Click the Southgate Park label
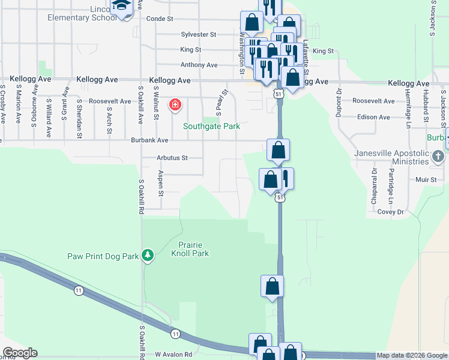point(211,127)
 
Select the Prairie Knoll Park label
point(193,249)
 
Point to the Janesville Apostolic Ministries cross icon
point(438,157)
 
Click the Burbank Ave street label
point(149,140)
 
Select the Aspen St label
point(160,183)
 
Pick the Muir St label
point(424,179)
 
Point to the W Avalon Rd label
point(173,355)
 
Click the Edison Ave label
point(374,118)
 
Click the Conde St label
point(160,19)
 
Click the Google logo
point(20,353)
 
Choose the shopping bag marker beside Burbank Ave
point(278,150)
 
